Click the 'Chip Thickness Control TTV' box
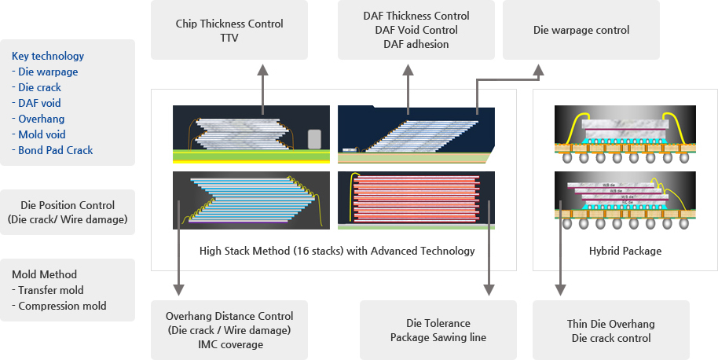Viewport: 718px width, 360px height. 229,30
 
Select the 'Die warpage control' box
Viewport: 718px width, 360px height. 581,31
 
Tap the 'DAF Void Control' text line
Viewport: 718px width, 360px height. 416,30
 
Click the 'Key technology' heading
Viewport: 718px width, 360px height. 48,56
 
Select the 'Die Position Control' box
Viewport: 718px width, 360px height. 67,212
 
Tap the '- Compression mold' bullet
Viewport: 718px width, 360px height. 59,306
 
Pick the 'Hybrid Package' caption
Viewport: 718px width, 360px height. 625,251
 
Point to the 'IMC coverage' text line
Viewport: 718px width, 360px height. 229,344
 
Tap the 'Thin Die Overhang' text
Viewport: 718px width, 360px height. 610,324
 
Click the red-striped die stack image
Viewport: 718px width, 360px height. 416,200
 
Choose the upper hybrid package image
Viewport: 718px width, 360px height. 625,134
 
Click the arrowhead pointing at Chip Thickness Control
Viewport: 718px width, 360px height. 262,70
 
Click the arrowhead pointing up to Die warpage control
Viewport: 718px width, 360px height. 539,70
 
